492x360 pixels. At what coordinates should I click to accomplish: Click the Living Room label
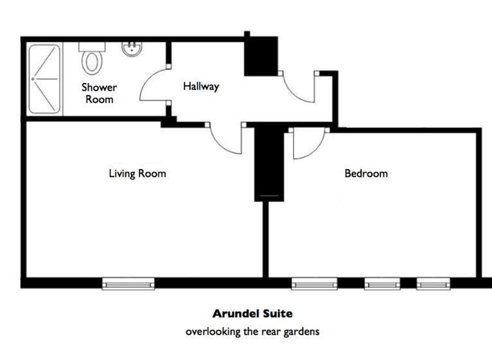[137, 174]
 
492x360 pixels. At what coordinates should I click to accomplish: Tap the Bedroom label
[366, 174]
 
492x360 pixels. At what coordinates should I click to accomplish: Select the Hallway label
[201, 86]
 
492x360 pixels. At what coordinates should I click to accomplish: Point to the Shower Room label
[99, 93]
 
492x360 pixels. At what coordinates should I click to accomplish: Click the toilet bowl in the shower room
[92, 62]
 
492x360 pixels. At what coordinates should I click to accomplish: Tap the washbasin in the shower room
[132, 49]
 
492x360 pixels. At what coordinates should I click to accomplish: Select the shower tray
[44, 79]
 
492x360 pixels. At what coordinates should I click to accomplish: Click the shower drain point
[33, 79]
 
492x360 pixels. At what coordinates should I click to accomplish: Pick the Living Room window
[128, 283]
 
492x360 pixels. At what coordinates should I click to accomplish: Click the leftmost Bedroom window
[314, 283]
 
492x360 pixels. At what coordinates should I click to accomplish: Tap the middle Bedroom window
[382, 283]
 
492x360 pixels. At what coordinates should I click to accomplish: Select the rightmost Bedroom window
[434, 283]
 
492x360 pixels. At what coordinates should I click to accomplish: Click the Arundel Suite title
[252, 314]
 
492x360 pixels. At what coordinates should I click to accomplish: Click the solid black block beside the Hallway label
[261, 56]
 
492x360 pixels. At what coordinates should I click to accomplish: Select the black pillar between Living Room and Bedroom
[269, 163]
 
